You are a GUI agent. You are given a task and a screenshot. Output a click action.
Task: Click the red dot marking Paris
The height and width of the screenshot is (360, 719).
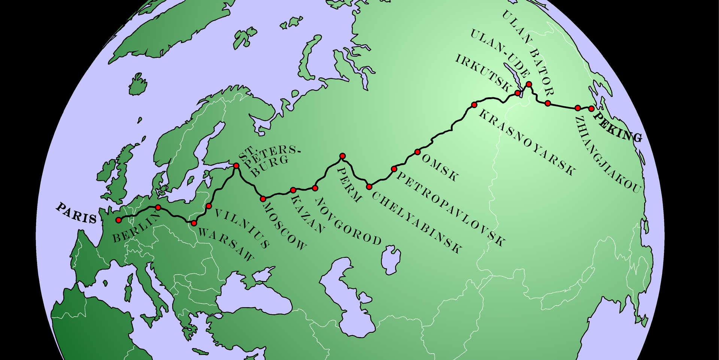point(119,220)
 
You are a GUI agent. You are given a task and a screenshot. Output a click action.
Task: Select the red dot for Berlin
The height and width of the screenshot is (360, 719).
point(158,207)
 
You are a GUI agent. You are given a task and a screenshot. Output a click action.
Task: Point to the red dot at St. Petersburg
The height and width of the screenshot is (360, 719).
point(236,166)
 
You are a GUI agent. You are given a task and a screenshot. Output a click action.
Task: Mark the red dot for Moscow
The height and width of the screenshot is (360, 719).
point(263,199)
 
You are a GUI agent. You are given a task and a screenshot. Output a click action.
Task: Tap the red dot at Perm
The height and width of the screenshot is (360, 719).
point(342,156)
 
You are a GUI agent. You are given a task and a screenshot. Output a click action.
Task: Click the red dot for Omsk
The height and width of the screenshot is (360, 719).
point(418,152)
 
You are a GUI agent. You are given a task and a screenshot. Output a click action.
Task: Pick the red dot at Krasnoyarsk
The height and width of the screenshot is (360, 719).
point(474,105)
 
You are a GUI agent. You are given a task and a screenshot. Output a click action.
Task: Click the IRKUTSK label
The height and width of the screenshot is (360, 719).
point(483,73)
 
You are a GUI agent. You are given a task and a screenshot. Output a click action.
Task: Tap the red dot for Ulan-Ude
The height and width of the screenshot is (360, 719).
point(529,84)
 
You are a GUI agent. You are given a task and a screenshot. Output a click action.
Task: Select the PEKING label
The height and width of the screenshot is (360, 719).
point(618,127)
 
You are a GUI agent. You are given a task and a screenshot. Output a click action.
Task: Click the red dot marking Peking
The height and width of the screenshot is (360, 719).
point(591,109)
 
